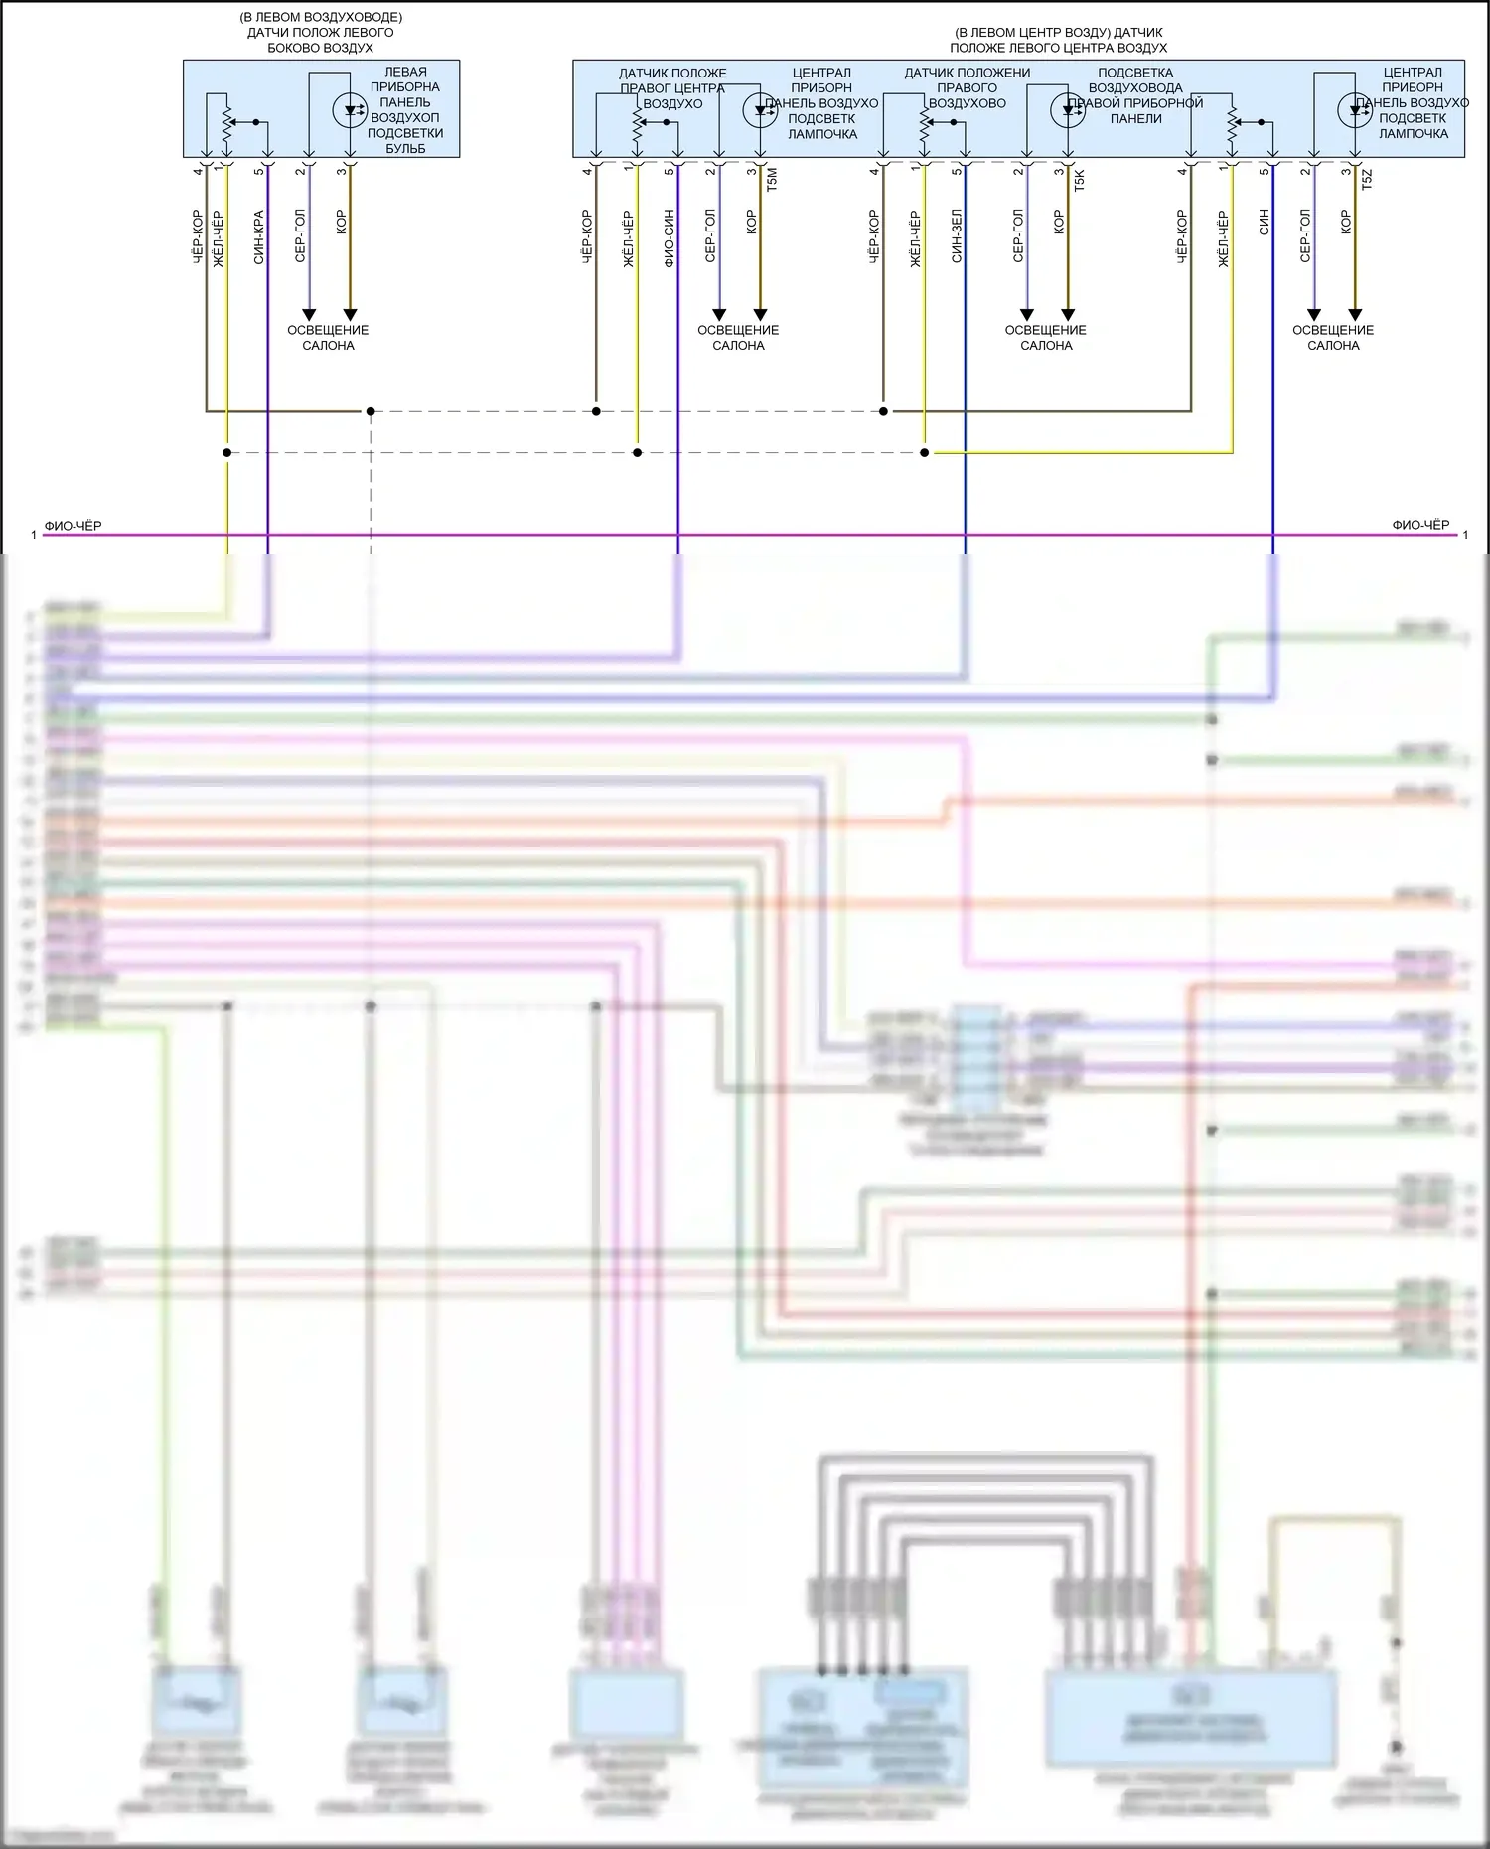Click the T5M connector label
pyautogui.click(x=772, y=179)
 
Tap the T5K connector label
pyautogui.click(x=1080, y=180)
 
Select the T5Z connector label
pyautogui.click(x=1367, y=180)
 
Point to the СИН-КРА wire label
pyautogui.click(x=258, y=236)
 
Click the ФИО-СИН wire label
pyautogui.click(x=669, y=238)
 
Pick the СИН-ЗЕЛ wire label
pyautogui.click(x=957, y=236)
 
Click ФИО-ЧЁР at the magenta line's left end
pyautogui.click(x=73, y=526)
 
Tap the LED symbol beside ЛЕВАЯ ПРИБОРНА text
pyautogui.click(x=350, y=109)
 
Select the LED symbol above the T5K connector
pyautogui.click(x=1068, y=109)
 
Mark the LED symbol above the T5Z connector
pyautogui.click(x=1355, y=109)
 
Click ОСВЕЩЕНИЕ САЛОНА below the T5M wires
pyautogui.click(x=738, y=338)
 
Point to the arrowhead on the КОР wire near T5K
pyautogui.click(x=1068, y=315)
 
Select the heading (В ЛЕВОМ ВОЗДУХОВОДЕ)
pyautogui.click(x=321, y=18)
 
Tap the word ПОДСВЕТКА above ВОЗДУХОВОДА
pyautogui.click(x=1135, y=73)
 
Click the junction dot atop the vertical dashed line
pyautogui.click(x=371, y=411)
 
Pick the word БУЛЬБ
pyautogui.click(x=405, y=149)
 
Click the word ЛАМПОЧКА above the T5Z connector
pyautogui.click(x=1413, y=133)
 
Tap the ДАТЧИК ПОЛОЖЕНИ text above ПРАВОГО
pyautogui.click(x=967, y=73)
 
